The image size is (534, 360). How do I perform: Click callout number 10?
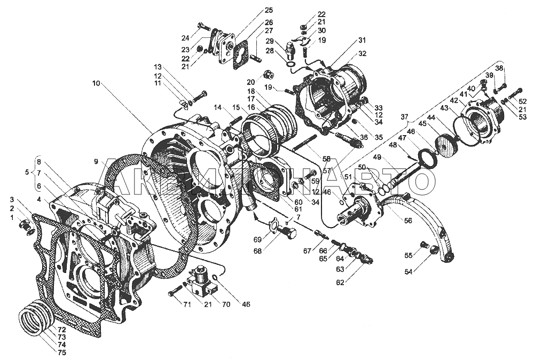[x=95, y=83]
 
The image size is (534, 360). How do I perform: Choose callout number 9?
[x=95, y=161]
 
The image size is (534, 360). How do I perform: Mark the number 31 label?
[x=362, y=41]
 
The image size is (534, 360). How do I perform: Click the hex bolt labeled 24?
[x=203, y=26]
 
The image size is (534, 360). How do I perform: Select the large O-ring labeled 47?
[x=427, y=159]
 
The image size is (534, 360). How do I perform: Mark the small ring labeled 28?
[x=291, y=66]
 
